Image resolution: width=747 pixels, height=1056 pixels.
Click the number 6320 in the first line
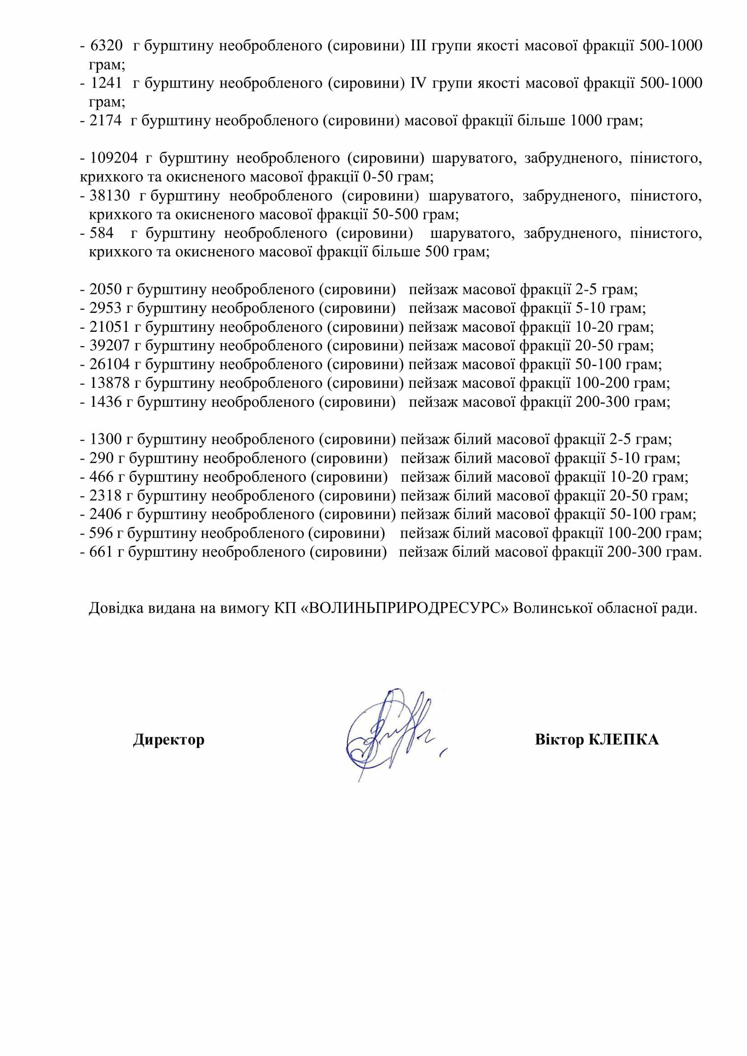pos(107,46)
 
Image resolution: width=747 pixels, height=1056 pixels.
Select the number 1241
pos(107,83)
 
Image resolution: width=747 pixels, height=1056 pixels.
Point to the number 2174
pos(106,121)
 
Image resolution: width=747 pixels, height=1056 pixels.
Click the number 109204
pos(114,158)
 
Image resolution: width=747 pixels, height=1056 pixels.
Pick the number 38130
pos(110,196)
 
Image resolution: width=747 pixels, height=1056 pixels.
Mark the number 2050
pos(106,290)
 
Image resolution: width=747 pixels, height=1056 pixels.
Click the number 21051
pos(110,327)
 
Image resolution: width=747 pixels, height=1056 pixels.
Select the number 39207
pos(110,346)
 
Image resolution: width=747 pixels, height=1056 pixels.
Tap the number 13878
pos(110,383)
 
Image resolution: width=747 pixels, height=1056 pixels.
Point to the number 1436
pos(106,402)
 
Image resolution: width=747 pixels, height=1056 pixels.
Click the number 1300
pos(106,440)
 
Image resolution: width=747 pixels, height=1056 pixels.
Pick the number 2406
pos(106,514)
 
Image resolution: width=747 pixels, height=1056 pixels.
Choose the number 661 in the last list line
pos(102,552)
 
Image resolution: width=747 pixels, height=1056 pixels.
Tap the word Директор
pos(169,740)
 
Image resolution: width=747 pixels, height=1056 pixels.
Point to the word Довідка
pos(116,608)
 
